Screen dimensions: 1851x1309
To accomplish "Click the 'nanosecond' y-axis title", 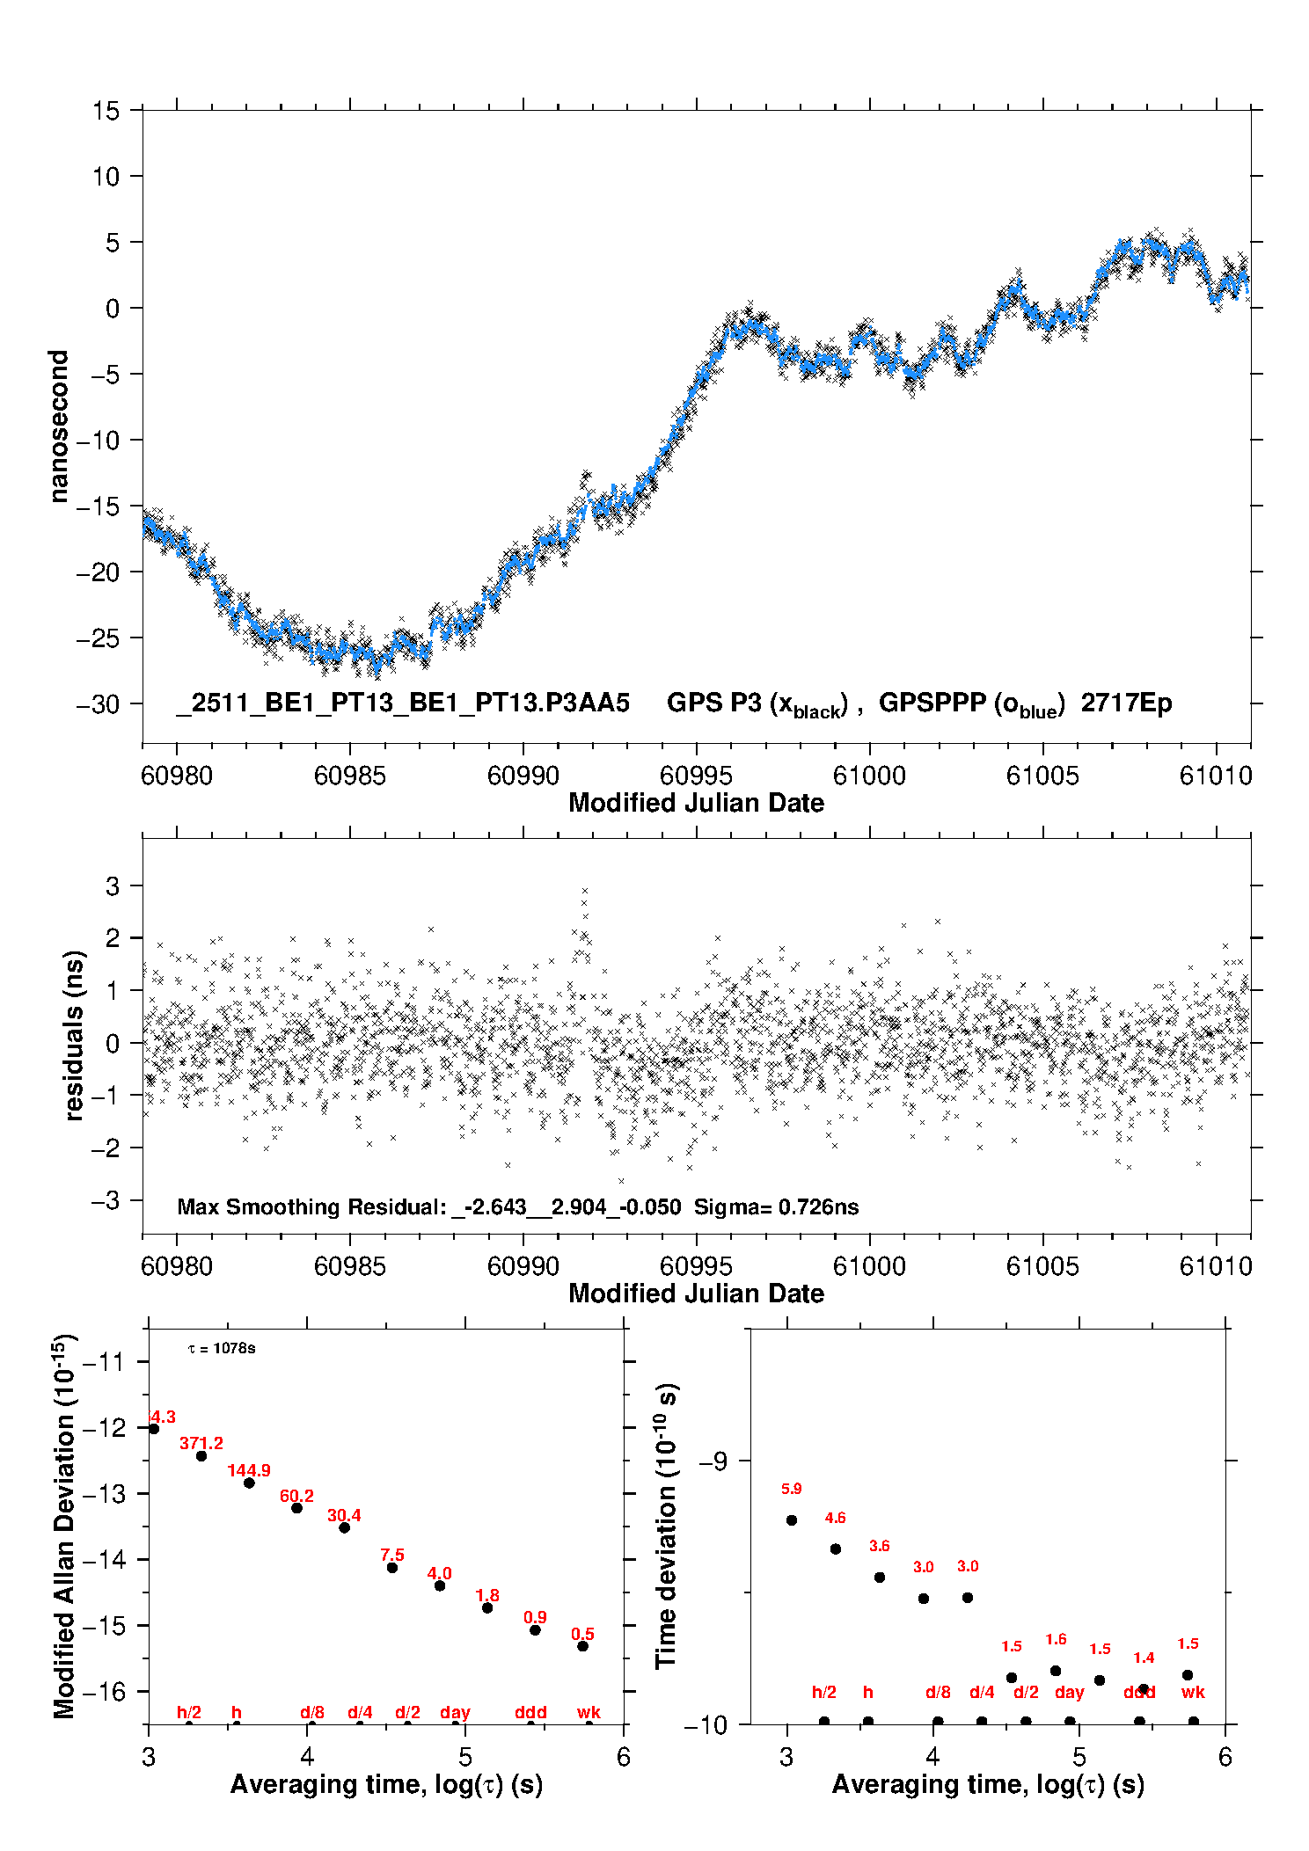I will point(59,426).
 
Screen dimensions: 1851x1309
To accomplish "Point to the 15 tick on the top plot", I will point(106,111).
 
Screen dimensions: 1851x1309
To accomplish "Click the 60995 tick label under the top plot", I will point(696,776).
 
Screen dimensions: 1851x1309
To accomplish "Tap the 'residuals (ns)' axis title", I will point(74,1035).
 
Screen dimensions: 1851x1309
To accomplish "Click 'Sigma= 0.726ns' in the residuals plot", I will point(776,1206).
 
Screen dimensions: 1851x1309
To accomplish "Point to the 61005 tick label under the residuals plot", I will point(1042,1266).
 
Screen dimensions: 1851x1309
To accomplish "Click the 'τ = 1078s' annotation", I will point(222,1348).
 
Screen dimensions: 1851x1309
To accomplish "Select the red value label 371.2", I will point(201,1443).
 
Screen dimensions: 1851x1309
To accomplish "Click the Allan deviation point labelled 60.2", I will point(297,1508).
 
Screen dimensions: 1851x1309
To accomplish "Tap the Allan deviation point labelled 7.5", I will point(392,1567).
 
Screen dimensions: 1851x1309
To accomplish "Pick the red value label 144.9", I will point(249,1470).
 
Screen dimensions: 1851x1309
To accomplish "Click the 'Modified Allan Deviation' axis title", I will point(64,1526).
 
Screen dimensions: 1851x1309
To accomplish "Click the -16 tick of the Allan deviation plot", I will point(106,1691).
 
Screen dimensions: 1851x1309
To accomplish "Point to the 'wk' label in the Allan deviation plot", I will point(589,1712).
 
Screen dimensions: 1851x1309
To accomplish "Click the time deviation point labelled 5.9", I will point(792,1519).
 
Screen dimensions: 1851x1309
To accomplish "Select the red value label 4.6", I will point(835,1518).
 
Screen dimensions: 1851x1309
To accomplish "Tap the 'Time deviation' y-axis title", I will point(666,1526).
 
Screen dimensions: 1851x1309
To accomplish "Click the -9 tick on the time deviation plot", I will point(713,1461).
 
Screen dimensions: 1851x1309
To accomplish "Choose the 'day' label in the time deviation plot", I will point(1069,1692).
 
